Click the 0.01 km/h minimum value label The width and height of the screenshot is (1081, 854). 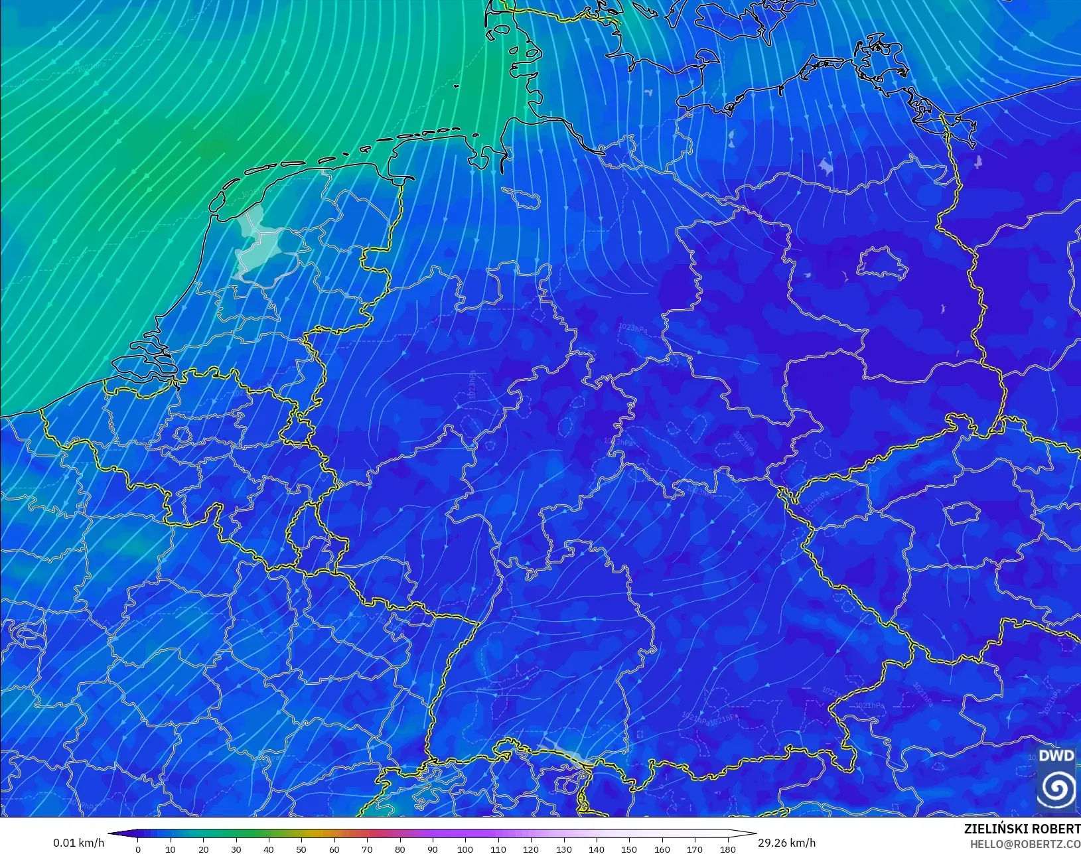pyautogui.click(x=78, y=843)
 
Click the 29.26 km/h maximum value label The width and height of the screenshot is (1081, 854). pyautogui.click(x=786, y=843)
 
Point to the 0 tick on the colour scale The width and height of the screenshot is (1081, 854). pyautogui.click(x=138, y=849)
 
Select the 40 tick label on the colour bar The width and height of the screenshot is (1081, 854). pyautogui.click(x=269, y=849)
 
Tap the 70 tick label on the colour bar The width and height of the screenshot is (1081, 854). pyautogui.click(x=367, y=849)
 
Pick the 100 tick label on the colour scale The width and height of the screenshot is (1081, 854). pyautogui.click(x=465, y=849)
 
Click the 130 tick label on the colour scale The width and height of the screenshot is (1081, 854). pyautogui.click(x=563, y=849)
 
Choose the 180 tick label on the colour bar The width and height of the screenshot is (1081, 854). pyautogui.click(x=727, y=849)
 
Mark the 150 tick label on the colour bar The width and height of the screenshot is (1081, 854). pyautogui.click(x=629, y=849)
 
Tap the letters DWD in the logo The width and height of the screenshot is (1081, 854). pyautogui.click(x=1056, y=756)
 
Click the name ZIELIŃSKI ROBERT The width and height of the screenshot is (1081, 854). pyautogui.click(x=1022, y=829)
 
